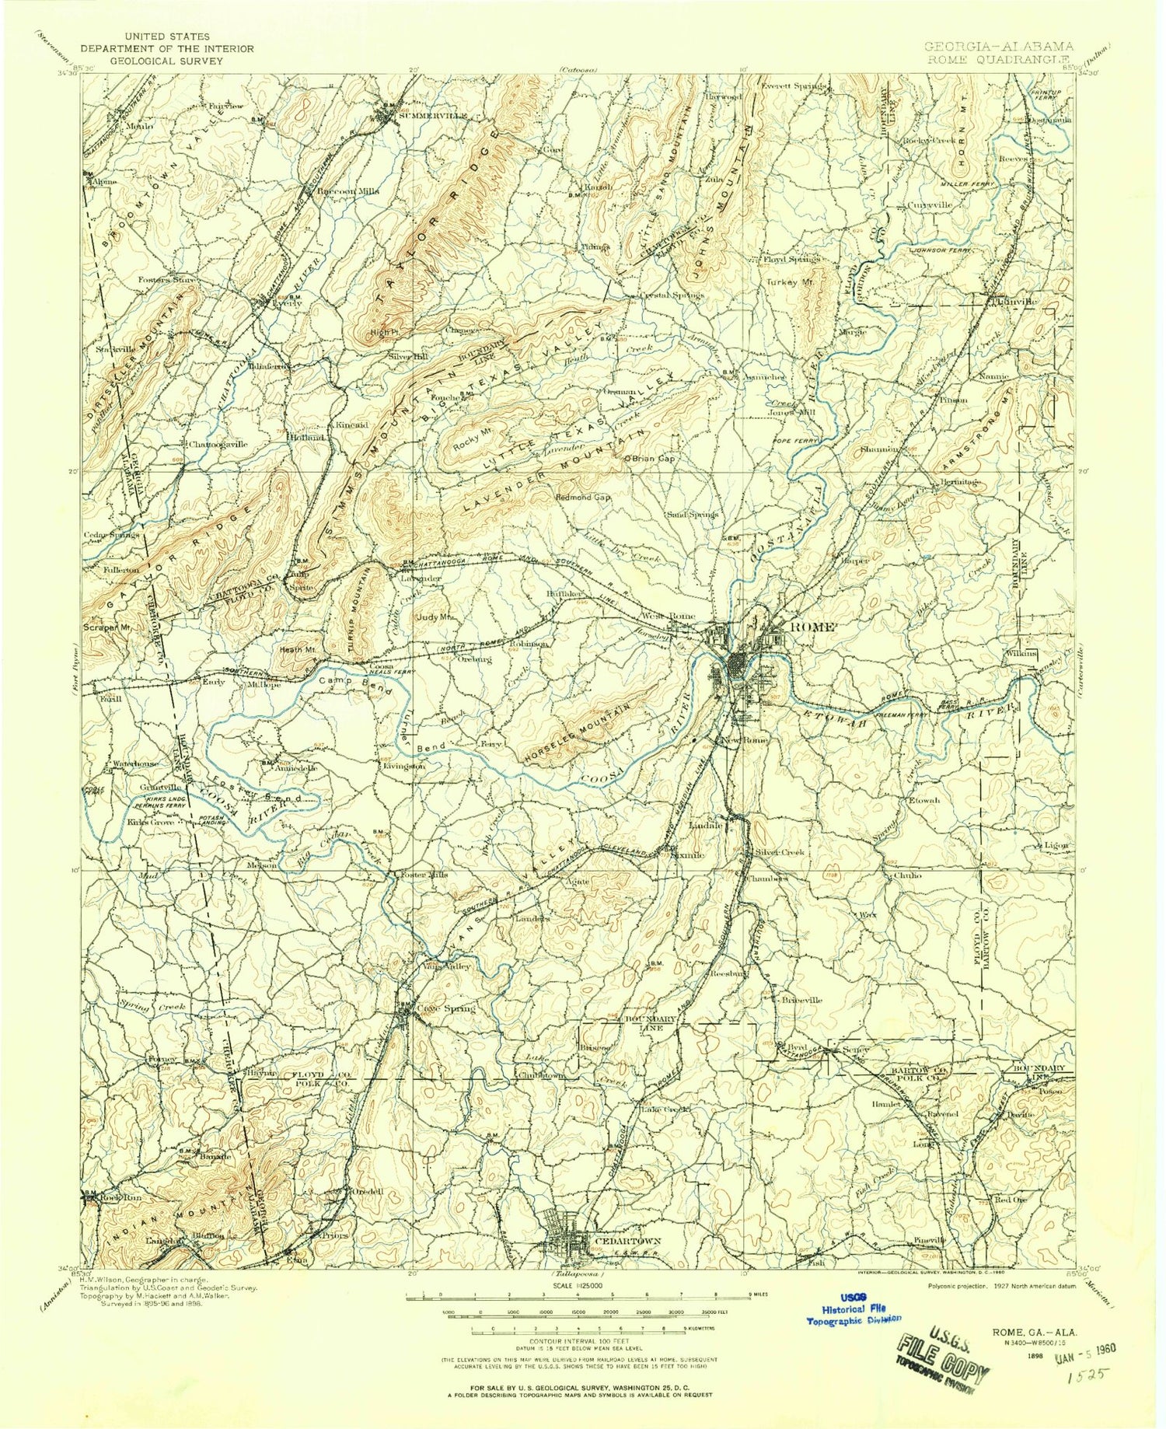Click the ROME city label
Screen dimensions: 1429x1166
coord(812,627)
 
